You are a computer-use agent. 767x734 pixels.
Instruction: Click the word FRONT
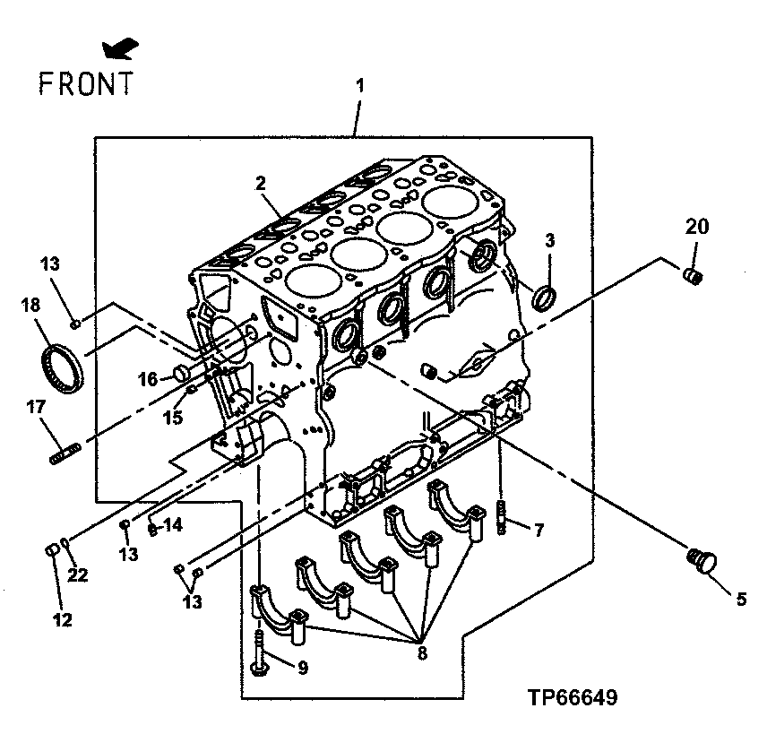tap(86, 82)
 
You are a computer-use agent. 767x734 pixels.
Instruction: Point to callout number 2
tap(261, 184)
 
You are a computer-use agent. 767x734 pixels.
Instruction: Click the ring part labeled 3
tap(544, 295)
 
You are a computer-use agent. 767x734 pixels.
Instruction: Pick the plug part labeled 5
tap(701, 561)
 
